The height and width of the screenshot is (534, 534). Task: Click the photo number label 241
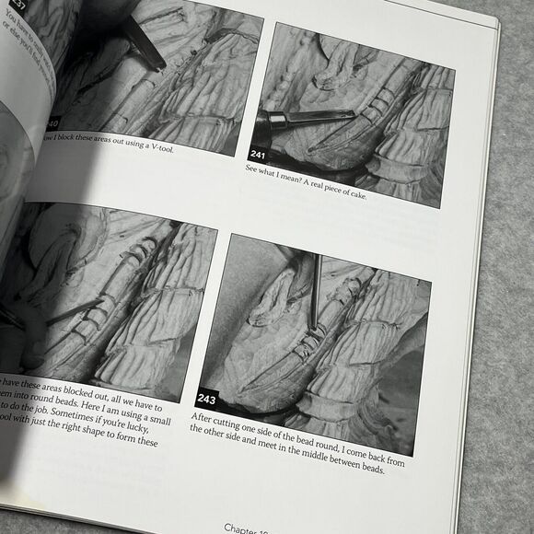259,154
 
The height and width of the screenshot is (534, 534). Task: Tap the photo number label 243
206,400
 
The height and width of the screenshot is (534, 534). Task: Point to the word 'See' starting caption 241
252,168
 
